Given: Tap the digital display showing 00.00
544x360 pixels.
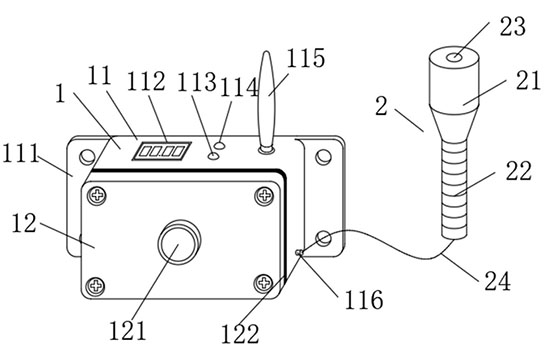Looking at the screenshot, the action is point(162,151).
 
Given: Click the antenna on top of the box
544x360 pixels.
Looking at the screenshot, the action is point(266,102).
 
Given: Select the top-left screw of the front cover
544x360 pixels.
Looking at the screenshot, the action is point(97,195).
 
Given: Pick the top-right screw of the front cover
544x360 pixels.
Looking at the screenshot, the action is point(264,195).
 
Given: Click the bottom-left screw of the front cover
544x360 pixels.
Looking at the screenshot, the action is point(95,286).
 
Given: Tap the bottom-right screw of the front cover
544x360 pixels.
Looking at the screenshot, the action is point(264,283).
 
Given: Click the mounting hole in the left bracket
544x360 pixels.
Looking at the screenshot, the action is point(87,157).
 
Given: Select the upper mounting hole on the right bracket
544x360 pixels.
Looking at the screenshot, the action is point(323,157).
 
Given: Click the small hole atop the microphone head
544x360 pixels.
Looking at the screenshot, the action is point(454,57).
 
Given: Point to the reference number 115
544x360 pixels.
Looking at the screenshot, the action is point(306,58).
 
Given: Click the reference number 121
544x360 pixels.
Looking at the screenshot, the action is point(128,331).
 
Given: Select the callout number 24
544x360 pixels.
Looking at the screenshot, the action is point(498,281).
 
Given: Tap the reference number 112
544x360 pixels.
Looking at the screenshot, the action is point(146,82).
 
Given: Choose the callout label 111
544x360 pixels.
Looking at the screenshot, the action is point(20,153).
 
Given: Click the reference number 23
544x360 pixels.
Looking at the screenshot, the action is point(512,26).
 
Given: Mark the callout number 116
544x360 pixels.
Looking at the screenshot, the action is point(364,299).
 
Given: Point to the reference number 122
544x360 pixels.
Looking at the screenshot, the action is point(240,334).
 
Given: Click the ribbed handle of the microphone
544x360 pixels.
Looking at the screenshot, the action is point(454,189).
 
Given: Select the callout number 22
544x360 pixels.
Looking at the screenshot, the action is point(518,171).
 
